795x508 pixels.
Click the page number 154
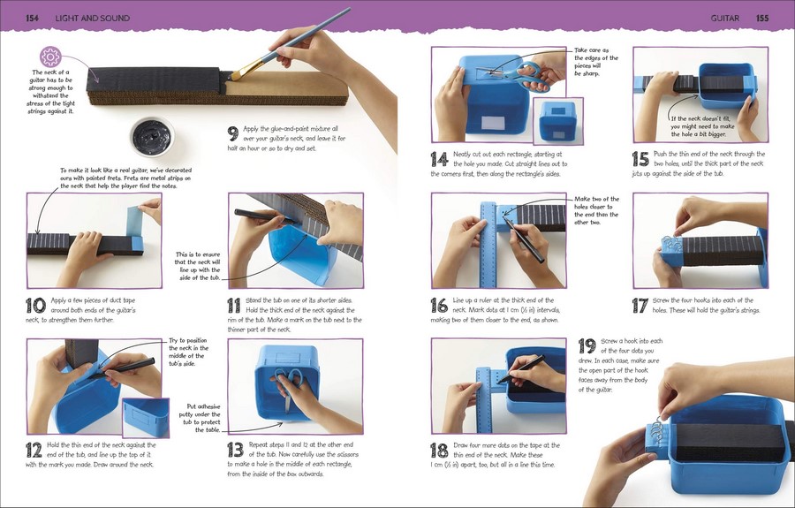(x=32, y=19)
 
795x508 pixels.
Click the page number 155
(x=762, y=19)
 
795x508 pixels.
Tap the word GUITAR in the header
(x=724, y=19)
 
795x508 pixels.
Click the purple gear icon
(x=50, y=57)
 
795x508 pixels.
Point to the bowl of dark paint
(x=152, y=136)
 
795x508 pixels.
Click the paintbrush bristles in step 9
(x=242, y=72)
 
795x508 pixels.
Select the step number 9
(x=232, y=133)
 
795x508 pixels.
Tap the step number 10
(x=35, y=306)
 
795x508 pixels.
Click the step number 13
(x=236, y=450)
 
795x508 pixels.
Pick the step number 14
(x=440, y=159)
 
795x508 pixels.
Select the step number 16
(x=440, y=305)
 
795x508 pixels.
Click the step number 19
(x=587, y=346)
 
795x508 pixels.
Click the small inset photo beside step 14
(x=557, y=121)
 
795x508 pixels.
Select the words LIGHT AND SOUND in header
(x=92, y=19)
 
